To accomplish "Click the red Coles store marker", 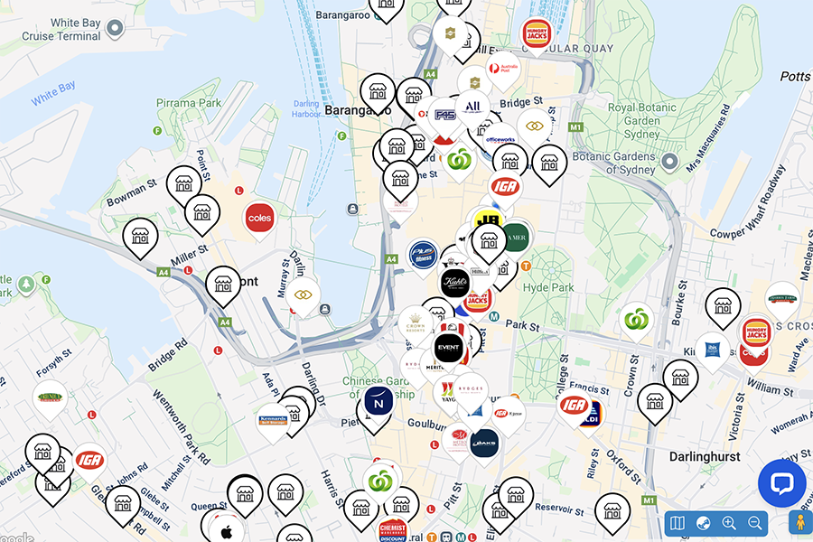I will (x=259, y=219).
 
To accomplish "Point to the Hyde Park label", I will (x=548, y=287).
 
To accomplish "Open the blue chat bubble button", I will (x=781, y=483).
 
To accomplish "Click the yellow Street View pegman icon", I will (x=799, y=523).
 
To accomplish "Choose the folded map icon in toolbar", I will (x=678, y=523).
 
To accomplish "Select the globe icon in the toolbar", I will (x=704, y=523).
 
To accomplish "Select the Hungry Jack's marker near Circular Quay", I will (x=537, y=34).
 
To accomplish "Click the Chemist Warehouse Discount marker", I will (x=393, y=531).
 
